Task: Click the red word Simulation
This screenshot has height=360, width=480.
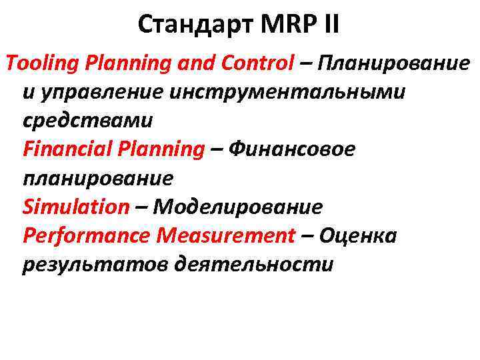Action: [x=75, y=207]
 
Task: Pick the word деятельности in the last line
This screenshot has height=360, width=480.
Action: [x=253, y=265]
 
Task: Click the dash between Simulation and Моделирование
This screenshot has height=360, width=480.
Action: [x=141, y=207]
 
